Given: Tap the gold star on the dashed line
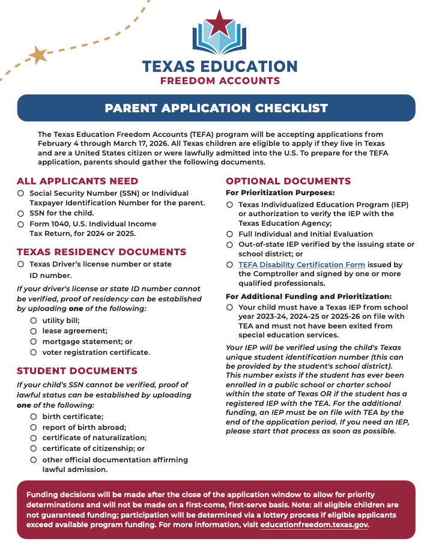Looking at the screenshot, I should [38, 55].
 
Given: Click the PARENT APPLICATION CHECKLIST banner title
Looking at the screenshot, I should [216, 108].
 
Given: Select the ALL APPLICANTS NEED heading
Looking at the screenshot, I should [77, 181].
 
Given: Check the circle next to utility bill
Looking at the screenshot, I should [34, 320].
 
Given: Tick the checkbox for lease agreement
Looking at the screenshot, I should [34, 331].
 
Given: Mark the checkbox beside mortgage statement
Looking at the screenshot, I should [34, 341].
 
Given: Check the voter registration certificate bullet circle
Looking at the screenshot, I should [34, 352].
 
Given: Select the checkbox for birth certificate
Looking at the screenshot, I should [34, 416].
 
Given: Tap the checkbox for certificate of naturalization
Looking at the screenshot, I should [34, 438].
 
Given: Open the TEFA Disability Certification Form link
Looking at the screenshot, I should [301, 264].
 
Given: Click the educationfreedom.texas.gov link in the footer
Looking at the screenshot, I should [314, 524].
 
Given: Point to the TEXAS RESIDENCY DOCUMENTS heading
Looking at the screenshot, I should [101, 252].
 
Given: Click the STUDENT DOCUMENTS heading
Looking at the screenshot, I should [77, 370].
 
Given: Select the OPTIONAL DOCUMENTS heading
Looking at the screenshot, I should [288, 181].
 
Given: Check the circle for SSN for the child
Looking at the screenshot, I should [20, 213].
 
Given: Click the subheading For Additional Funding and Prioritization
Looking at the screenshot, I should [309, 297].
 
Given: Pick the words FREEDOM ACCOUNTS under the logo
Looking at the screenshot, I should [220, 80].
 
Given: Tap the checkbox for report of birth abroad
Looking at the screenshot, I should [34, 427].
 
